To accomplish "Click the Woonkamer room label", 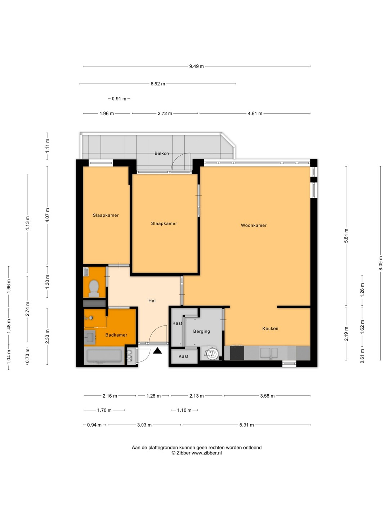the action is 254,225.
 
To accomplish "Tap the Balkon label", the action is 162,154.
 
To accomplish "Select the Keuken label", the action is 270,328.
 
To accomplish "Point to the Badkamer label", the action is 116,335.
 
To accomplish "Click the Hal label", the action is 152,301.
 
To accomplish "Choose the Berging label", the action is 201,332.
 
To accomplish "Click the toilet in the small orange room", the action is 94,288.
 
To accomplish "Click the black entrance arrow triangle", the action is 157,351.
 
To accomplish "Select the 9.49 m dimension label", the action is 196,66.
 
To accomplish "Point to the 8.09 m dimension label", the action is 380,263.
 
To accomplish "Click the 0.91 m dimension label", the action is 119,99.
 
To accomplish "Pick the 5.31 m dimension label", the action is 247,425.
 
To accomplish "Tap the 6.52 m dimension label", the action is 158,84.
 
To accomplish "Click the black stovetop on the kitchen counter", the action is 237,353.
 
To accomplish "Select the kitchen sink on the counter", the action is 269,353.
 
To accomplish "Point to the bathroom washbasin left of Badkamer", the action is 90,337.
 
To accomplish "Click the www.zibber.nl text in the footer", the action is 207,453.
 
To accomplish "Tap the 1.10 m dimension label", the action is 184,410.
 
